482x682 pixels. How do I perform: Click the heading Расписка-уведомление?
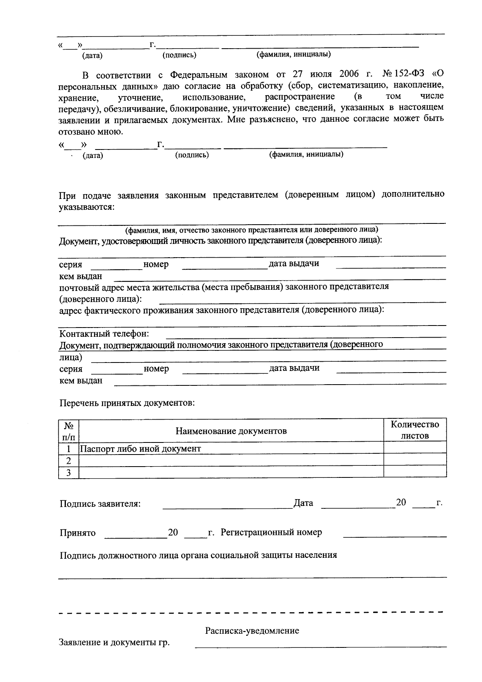252,631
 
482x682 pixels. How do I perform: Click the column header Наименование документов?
231,431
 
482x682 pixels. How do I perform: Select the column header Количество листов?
415,430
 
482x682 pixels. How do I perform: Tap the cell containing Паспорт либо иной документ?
141,449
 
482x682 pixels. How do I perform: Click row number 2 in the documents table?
69,461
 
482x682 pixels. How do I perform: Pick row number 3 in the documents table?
69,473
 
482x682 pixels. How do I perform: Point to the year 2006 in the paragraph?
349,75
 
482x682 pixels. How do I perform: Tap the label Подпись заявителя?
100,504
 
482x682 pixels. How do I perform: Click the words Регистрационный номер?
271,532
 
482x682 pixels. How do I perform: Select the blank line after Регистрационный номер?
394,536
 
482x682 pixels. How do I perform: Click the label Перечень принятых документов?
127,403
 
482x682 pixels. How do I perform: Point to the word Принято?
78,533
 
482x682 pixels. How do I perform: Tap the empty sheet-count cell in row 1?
415,448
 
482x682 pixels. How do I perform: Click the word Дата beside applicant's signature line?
303,503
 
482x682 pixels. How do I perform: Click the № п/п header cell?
69,430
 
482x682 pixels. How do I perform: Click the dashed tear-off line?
251,613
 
